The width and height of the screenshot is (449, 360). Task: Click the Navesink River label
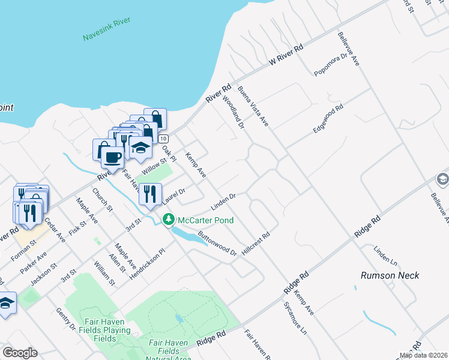point(106,29)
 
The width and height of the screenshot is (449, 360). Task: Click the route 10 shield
point(163,139)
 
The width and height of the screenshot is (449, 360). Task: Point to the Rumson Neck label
point(390,275)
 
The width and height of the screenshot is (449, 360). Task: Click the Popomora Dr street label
point(331,64)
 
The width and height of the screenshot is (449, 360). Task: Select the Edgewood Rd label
point(327,119)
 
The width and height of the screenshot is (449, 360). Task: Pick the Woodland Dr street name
point(234,112)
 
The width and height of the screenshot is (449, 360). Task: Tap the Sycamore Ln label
point(294,314)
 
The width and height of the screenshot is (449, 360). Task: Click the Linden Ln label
point(385,257)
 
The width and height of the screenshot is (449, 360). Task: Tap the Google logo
point(20,353)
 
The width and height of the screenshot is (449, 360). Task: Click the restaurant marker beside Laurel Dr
point(148,194)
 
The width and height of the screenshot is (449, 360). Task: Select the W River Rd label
point(287,54)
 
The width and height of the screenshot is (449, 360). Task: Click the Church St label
point(102,200)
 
